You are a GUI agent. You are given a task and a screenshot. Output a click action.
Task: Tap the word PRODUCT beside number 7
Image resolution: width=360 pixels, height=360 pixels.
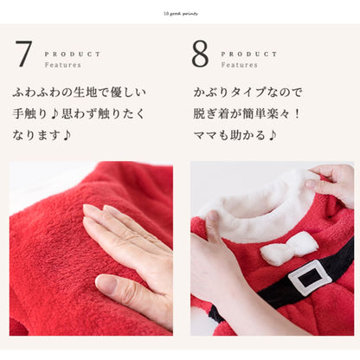(72, 54)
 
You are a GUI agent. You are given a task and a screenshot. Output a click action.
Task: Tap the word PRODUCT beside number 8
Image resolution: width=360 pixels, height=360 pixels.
(249, 54)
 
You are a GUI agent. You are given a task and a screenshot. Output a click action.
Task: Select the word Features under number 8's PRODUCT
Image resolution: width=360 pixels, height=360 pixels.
(239, 65)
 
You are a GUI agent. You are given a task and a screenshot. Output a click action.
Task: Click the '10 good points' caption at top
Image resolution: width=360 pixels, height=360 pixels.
(180, 14)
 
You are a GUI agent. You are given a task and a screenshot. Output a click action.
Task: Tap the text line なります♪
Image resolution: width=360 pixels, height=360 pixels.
(42, 135)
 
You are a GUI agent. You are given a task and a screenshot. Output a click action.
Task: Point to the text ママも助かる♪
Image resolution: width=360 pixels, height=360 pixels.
(237, 135)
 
